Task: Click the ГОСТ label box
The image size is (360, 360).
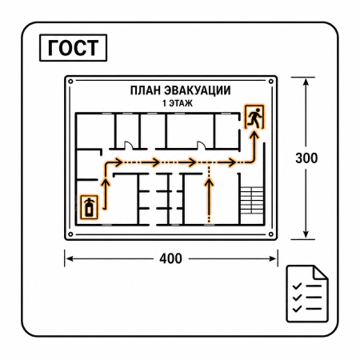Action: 73,48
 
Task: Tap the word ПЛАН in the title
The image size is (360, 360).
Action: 146,90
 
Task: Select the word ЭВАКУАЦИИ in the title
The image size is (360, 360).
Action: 197,90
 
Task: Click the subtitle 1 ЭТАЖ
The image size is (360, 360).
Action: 178,103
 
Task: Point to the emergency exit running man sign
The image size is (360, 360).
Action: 254,117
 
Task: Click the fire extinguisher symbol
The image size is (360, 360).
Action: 90,207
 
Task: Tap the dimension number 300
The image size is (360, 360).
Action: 306,158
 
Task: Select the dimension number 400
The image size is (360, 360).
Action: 170,258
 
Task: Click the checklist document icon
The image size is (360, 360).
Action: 307,294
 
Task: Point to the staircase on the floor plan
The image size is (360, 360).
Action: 252,200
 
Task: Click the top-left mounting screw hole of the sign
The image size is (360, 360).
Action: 70,82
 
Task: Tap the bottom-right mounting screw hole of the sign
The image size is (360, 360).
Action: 271,234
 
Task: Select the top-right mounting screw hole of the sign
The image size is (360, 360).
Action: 271,82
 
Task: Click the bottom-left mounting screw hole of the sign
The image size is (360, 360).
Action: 70,234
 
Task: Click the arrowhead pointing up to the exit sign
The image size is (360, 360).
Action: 255,134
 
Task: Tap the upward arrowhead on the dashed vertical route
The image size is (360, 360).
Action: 210,182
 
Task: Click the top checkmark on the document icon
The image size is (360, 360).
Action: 297,286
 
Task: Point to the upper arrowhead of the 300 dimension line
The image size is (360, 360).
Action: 306,82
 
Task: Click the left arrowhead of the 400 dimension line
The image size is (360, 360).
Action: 70,258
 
